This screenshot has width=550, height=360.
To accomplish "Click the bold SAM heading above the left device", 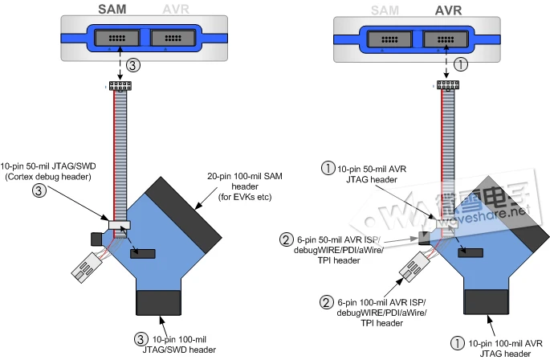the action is click(x=112, y=9).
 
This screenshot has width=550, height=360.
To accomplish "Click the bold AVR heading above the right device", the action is click(x=448, y=10).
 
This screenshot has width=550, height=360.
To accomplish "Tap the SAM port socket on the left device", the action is click(x=116, y=38).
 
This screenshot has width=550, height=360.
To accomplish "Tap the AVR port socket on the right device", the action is click(x=446, y=39).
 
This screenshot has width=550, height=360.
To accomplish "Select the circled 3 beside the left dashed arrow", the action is click(x=133, y=65).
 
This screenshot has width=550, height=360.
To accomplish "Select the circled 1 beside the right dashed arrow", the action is click(x=461, y=64).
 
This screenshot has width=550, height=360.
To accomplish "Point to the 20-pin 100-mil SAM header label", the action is click(x=245, y=186).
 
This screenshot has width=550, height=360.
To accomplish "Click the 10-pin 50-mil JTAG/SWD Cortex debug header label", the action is click(x=48, y=171).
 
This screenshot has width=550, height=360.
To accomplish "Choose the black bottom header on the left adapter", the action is click(x=158, y=302).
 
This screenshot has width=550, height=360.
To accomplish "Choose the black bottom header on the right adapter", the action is click(x=486, y=301).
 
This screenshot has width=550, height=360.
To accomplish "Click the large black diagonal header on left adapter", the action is click(x=183, y=215).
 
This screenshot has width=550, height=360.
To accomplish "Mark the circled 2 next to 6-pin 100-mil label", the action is click(x=326, y=302).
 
